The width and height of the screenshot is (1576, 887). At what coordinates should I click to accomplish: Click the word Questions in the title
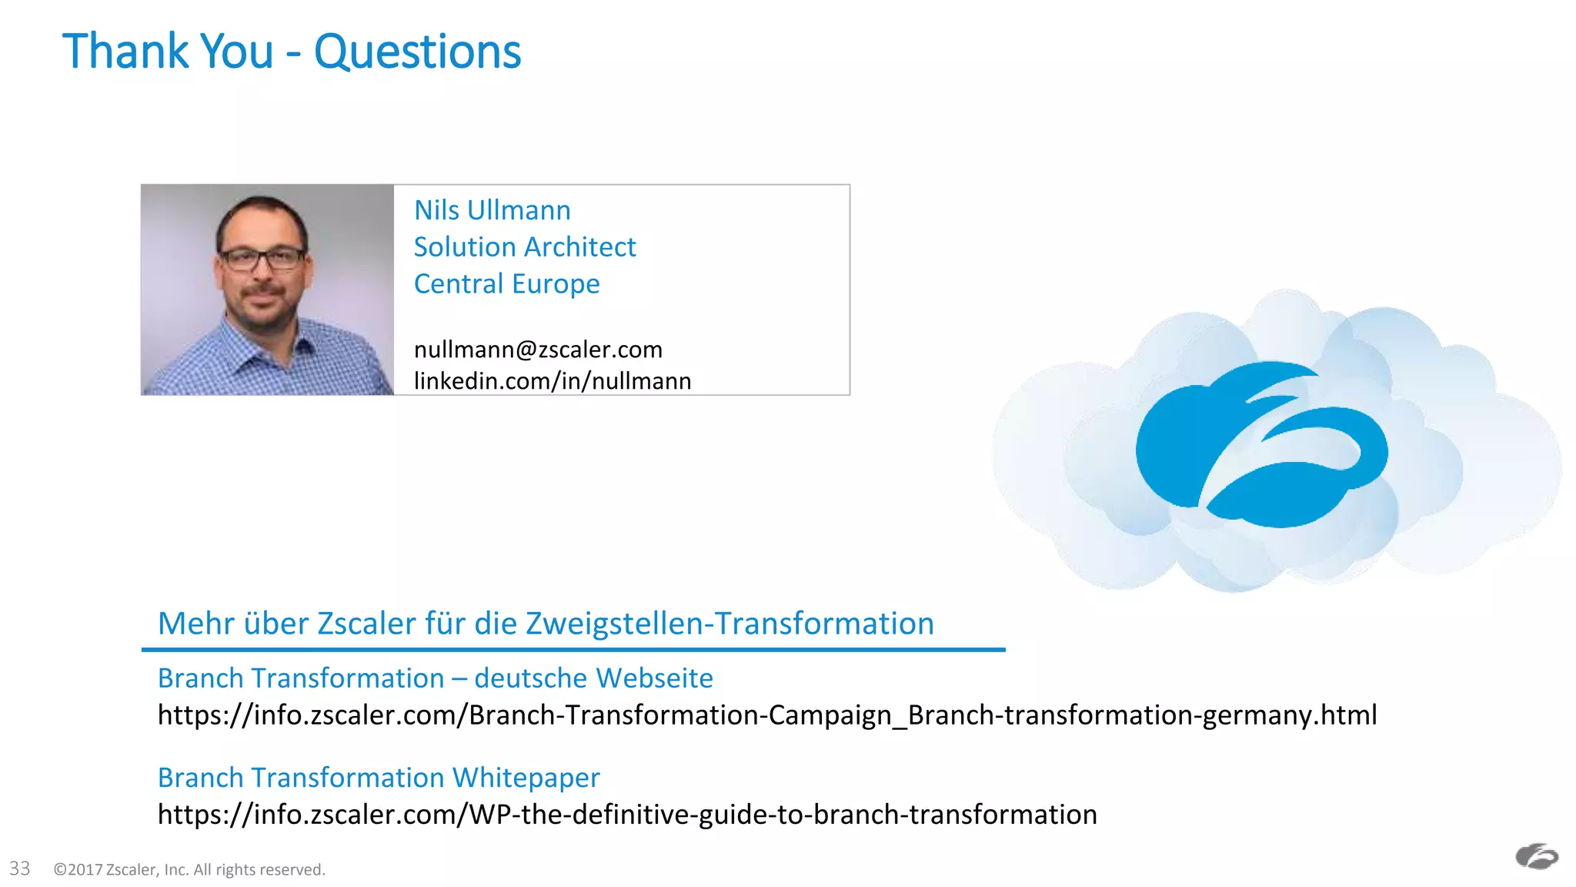point(417,52)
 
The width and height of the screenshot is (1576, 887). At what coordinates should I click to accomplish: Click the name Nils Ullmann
point(492,210)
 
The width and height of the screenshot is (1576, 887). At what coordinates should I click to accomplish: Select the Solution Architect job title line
point(524,247)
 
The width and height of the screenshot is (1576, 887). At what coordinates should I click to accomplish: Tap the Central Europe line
point(506,284)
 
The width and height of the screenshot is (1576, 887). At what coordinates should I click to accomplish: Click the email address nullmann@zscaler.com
point(537,350)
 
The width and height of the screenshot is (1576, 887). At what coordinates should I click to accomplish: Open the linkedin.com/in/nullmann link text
point(552,381)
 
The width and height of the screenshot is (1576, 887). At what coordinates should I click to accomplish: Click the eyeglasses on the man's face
point(262,258)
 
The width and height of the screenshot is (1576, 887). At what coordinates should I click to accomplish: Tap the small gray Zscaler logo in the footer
point(1536,856)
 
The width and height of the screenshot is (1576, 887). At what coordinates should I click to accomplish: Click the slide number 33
point(20,869)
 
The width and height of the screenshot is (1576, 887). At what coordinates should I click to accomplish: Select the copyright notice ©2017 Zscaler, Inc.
point(189,870)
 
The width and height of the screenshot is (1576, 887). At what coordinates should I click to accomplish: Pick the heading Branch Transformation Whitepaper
point(378,778)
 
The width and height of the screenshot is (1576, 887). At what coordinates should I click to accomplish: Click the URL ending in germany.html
point(766,715)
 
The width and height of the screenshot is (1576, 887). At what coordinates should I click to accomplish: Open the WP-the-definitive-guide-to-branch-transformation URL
point(626,815)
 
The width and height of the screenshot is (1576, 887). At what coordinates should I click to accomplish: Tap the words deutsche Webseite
point(593,678)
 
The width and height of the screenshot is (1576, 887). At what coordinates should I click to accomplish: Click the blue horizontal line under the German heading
point(573,650)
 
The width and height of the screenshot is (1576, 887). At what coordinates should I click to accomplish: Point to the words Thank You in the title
point(168,52)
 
